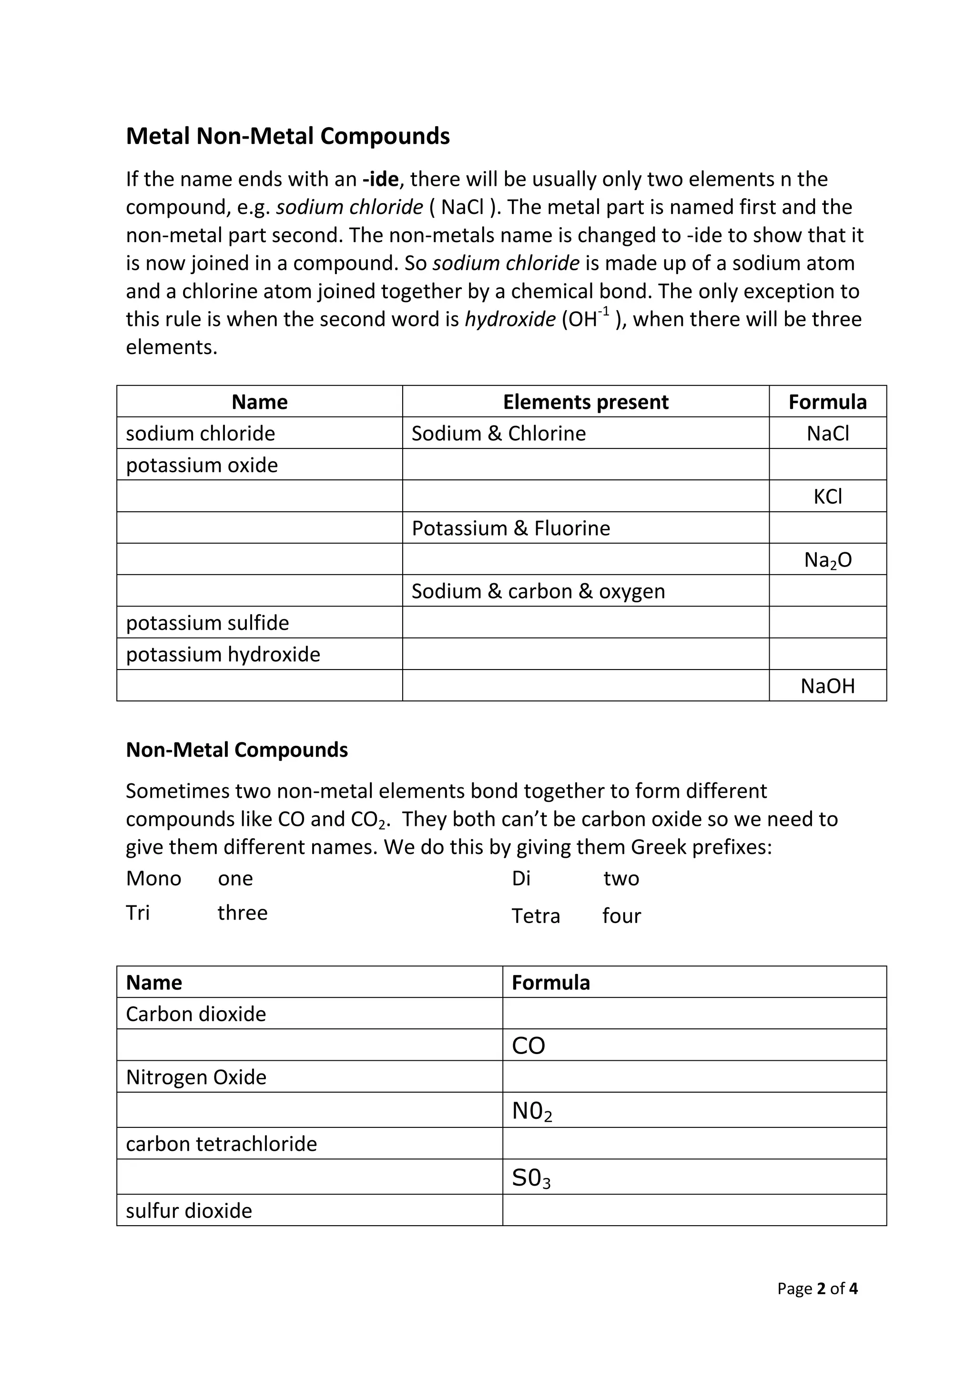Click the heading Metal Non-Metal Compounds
pyautogui.click(x=287, y=136)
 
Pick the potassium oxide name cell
pyautogui.click(x=202, y=465)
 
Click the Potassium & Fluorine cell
pyautogui.click(x=510, y=528)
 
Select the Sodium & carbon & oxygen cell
pyautogui.click(x=538, y=591)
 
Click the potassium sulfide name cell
pyautogui.click(x=207, y=623)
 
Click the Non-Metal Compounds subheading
pyautogui.click(x=237, y=750)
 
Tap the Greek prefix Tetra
pyautogui.click(x=536, y=916)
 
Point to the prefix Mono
pyautogui.click(x=153, y=879)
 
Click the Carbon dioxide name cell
pyautogui.click(x=196, y=1014)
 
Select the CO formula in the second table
pyautogui.click(x=528, y=1046)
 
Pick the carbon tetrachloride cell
pyautogui.click(x=221, y=1144)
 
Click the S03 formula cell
pyautogui.click(x=531, y=1178)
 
